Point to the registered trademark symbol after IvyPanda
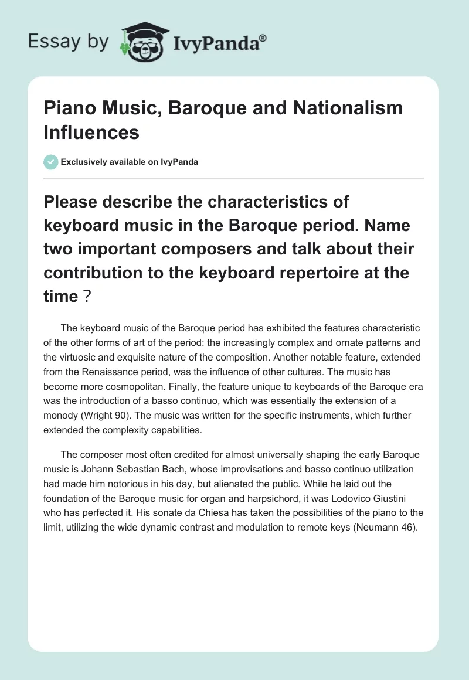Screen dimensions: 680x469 (263, 37)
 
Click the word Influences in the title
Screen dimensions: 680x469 (91, 132)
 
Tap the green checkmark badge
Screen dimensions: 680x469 (51, 162)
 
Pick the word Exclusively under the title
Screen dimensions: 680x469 (86, 162)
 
